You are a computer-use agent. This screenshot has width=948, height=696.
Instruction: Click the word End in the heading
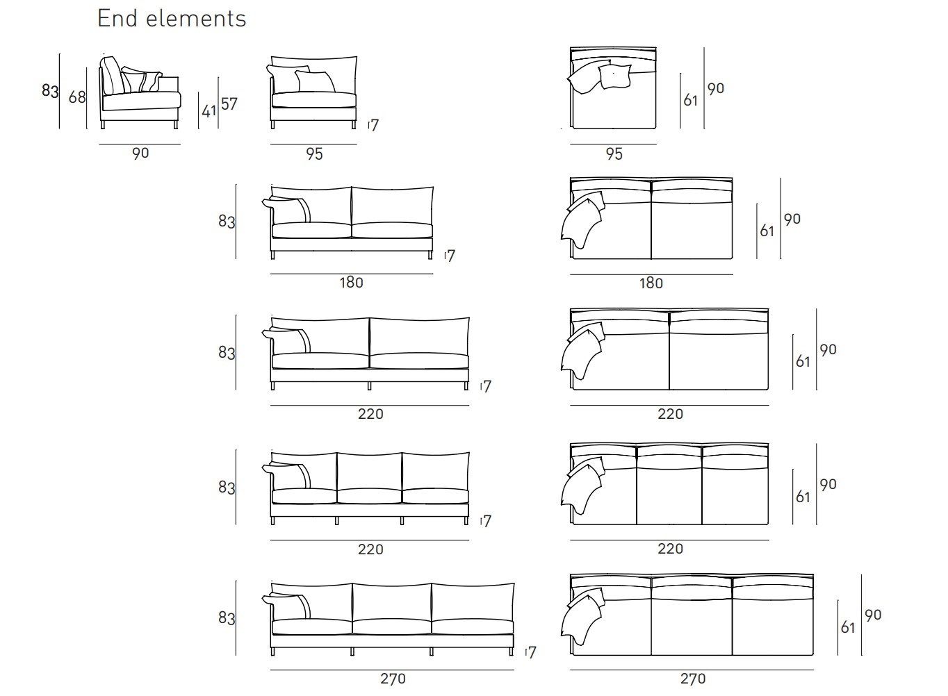(x=117, y=19)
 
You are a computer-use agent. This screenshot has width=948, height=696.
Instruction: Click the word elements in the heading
(x=196, y=19)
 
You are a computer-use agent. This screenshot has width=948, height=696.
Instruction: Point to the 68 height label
(x=77, y=97)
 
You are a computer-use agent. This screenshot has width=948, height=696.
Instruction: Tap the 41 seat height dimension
(x=209, y=111)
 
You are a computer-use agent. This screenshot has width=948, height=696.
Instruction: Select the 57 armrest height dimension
(x=229, y=104)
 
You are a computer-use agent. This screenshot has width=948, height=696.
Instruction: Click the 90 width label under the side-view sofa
(x=140, y=153)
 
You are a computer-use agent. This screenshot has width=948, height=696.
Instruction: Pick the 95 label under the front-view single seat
(x=314, y=154)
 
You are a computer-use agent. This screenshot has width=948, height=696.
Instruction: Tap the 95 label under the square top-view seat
(x=614, y=154)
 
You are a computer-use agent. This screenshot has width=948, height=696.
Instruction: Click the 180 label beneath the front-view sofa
(x=351, y=283)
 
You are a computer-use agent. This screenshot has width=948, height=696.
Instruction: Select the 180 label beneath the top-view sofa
(x=651, y=283)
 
